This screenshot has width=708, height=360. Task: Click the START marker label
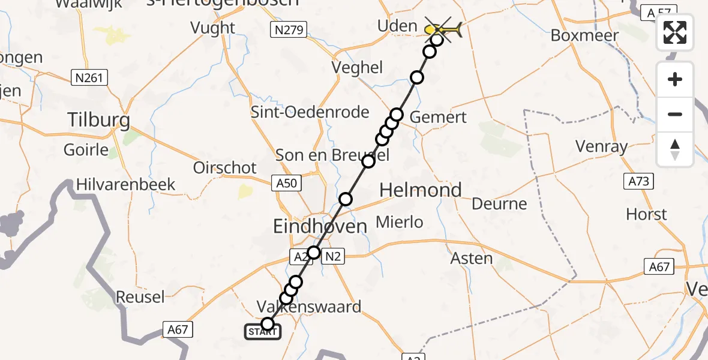pyautogui.click(x=262, y=332)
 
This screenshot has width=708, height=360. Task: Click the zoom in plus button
pyautogui.click(x=675, y=80)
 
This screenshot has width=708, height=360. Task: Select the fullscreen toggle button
pyautogui.click(x=675, y=32)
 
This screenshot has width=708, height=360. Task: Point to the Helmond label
pyautogui.click(x=421, y=190)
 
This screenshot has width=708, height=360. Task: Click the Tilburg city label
pyautogui.click(x=99, y=120)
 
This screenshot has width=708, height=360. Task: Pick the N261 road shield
pyautogui.click(x=89, y=77)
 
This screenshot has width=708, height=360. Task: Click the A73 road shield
pyautogui.click(x=638, y=181)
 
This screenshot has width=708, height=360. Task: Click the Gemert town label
pyautogui.click(x=438, y=117)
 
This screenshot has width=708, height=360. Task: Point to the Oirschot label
pyautogui.click(x=225, y=167)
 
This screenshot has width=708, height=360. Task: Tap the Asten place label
pyautogui.click(x=472, y=258)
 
